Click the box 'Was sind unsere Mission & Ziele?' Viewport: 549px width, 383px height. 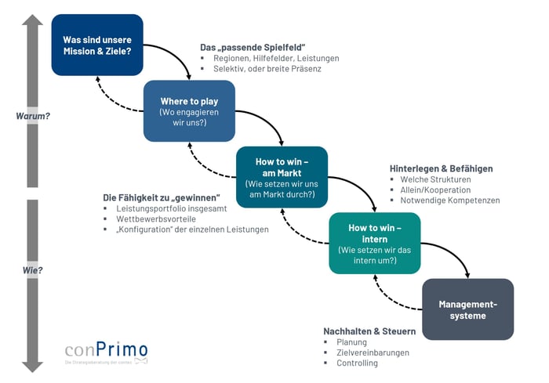[97, 45]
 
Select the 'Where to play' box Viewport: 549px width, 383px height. [189, 111]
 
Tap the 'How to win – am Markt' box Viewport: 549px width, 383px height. [282, 177]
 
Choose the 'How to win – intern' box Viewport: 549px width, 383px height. [374, 244]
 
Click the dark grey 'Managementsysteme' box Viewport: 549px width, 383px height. [467, 309]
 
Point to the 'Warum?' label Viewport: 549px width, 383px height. [33, 116]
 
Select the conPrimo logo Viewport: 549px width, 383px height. [106, 353]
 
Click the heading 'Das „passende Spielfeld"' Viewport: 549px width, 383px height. [252, 47]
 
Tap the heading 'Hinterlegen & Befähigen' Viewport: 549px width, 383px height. [441, 168]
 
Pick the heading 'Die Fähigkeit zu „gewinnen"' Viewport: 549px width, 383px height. [162, 197]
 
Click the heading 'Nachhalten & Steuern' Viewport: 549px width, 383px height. [369, 331]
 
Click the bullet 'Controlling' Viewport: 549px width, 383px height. [357, 363]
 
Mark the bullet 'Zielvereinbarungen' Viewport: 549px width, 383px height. [373, 352]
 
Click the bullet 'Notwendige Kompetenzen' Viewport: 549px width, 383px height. [449, 201]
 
